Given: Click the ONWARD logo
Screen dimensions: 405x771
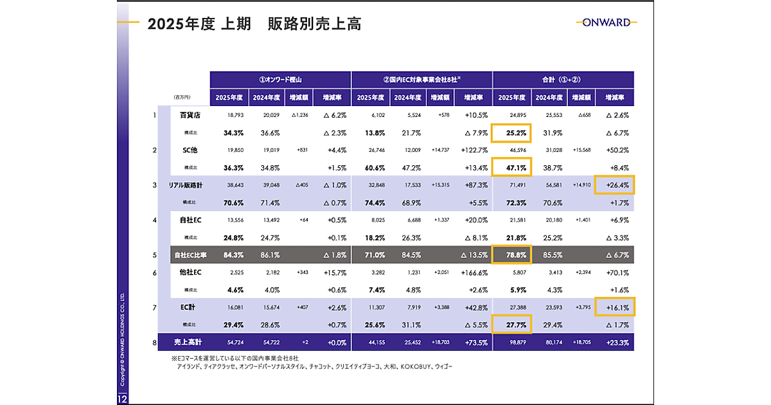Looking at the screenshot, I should [607, 22].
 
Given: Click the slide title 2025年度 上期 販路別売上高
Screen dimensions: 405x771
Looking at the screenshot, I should [254, 24].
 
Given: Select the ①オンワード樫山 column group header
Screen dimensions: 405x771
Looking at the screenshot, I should [280, 80].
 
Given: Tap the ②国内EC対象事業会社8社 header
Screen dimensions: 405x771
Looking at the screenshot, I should [421, 80].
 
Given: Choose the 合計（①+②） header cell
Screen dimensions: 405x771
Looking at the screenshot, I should [563, 80].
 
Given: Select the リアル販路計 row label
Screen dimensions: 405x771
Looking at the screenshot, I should [186, 185].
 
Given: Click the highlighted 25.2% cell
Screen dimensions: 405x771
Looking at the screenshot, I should [512, 133].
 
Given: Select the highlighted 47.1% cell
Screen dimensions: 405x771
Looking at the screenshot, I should [512, 168].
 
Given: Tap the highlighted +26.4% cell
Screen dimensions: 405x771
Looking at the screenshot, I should [615, 185].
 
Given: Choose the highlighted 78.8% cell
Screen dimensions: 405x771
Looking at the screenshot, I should [512, 255].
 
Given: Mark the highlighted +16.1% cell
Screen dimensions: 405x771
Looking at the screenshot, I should [615, 308].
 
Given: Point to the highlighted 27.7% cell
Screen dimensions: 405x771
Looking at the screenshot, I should [512, 325].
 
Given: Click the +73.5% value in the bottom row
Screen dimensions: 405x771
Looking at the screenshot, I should [473, 343].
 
